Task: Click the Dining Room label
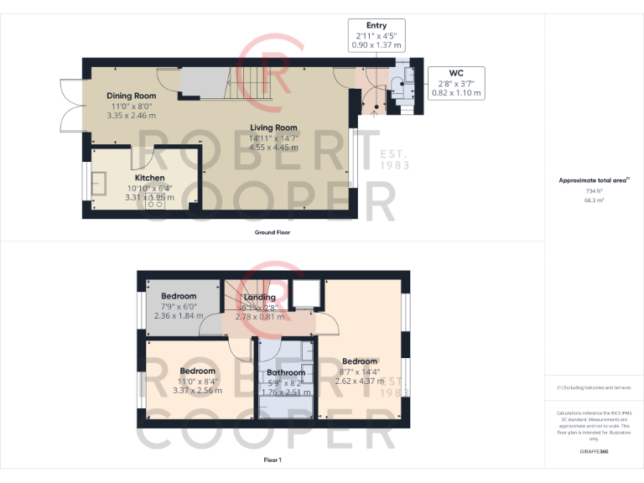(x=131, y=96)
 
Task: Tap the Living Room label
(x=273, y=128)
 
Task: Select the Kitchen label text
(x=150, y=178)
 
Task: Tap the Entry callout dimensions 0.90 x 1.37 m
(x=377, y=45)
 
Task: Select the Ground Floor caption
(x=273, y=232)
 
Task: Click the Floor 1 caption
(x=273, y=460)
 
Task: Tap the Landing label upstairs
(x=259, y=298)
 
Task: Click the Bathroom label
(x=286, y=372)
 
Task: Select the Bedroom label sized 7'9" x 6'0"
(x=179, y=296)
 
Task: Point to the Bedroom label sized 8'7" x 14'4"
(x=359, y=361)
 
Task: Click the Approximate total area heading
(x=592, y=180)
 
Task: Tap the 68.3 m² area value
(x=593, y=200)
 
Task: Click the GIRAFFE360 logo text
(x=593, y=451)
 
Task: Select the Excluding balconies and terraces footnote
(x=593, y=387)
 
